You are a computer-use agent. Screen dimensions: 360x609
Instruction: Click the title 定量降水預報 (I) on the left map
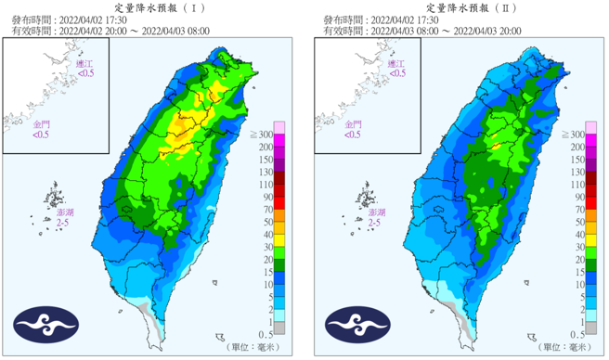coord(153,6)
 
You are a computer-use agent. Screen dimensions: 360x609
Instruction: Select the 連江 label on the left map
coord(85,66)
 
